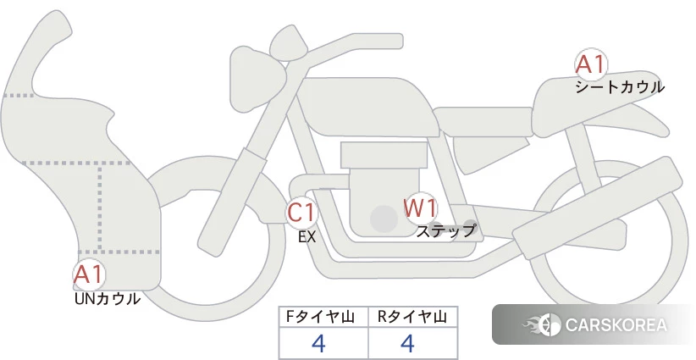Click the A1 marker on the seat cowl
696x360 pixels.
(591, 65)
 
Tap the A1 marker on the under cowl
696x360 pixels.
(89, 274)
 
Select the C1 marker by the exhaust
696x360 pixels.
(301, 212)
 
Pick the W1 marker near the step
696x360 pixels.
(420, 208)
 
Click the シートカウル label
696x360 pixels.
(620, 87)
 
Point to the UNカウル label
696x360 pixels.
(108, 299)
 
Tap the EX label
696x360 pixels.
(307, 237)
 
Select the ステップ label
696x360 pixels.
(445, 231)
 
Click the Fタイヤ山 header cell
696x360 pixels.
(323, 317)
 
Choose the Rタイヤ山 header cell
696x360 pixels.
(413, 317)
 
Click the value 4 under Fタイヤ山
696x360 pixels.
(318, 343)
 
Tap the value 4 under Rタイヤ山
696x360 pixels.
(407, 343)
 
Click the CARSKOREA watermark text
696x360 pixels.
(616, 325)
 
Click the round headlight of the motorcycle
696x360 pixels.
(257, 79)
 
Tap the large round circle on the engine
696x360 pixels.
(384, 219)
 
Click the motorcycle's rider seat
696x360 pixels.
(483, 121)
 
